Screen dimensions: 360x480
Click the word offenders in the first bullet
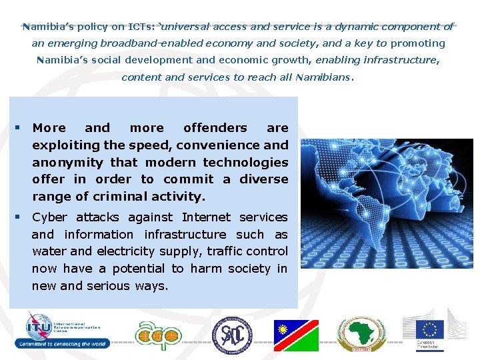(215, 128)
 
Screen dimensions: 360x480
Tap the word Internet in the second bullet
(204, 217)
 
